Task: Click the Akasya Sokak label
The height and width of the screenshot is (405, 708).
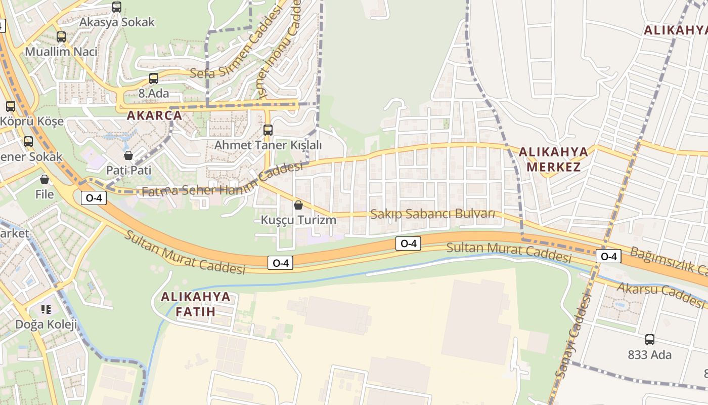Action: click(117, 22)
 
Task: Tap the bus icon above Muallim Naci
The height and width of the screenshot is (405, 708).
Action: click(61, 37)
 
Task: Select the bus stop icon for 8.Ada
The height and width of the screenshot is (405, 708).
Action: click(154, 78)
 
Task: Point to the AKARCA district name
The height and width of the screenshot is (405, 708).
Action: click(154, 115)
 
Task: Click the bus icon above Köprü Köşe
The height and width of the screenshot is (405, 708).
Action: click(11, 106)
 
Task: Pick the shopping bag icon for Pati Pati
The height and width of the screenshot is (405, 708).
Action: click(128, 155)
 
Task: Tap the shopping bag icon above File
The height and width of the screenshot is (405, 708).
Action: click(45, 179)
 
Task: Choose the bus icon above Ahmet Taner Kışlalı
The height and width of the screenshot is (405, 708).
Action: click(268, 130)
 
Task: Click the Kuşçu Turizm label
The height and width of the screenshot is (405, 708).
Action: click(298, 220)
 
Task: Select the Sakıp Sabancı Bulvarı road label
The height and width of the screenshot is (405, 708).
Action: click(433, 214)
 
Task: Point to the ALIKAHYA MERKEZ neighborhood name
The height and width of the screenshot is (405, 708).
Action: click(554, 159)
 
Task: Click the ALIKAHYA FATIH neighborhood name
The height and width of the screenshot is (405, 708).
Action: click(196, 304)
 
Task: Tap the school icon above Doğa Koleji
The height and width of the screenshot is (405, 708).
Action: click(46, 309)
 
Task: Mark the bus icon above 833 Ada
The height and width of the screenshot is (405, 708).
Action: click(650, 340)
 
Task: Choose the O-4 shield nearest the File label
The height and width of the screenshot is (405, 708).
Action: click(94, 198)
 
